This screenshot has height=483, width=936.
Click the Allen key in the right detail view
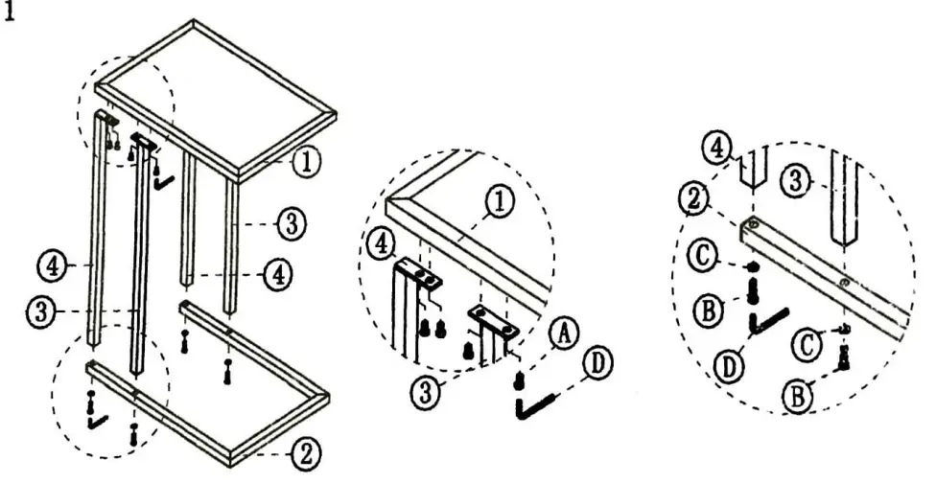tap(767, 322)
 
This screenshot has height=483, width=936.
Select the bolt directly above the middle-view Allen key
tap(519, 382)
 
